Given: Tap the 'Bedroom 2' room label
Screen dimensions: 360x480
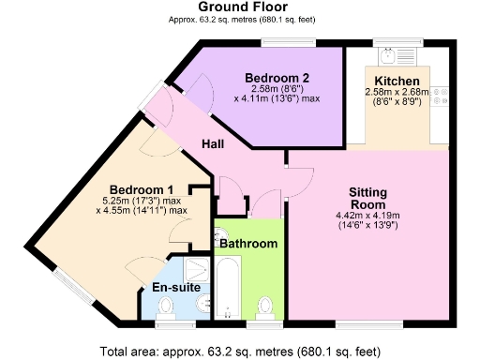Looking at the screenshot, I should point(277,77).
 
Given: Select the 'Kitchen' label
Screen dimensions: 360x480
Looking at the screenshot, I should point(397,81).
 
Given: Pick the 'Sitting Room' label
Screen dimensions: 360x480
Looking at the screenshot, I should point(368,198).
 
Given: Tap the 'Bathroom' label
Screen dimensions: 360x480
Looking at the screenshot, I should point(248,244).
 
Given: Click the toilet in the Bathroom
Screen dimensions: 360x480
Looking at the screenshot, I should point(266,306).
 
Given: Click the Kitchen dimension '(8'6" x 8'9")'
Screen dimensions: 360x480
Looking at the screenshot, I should point(397,104).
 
